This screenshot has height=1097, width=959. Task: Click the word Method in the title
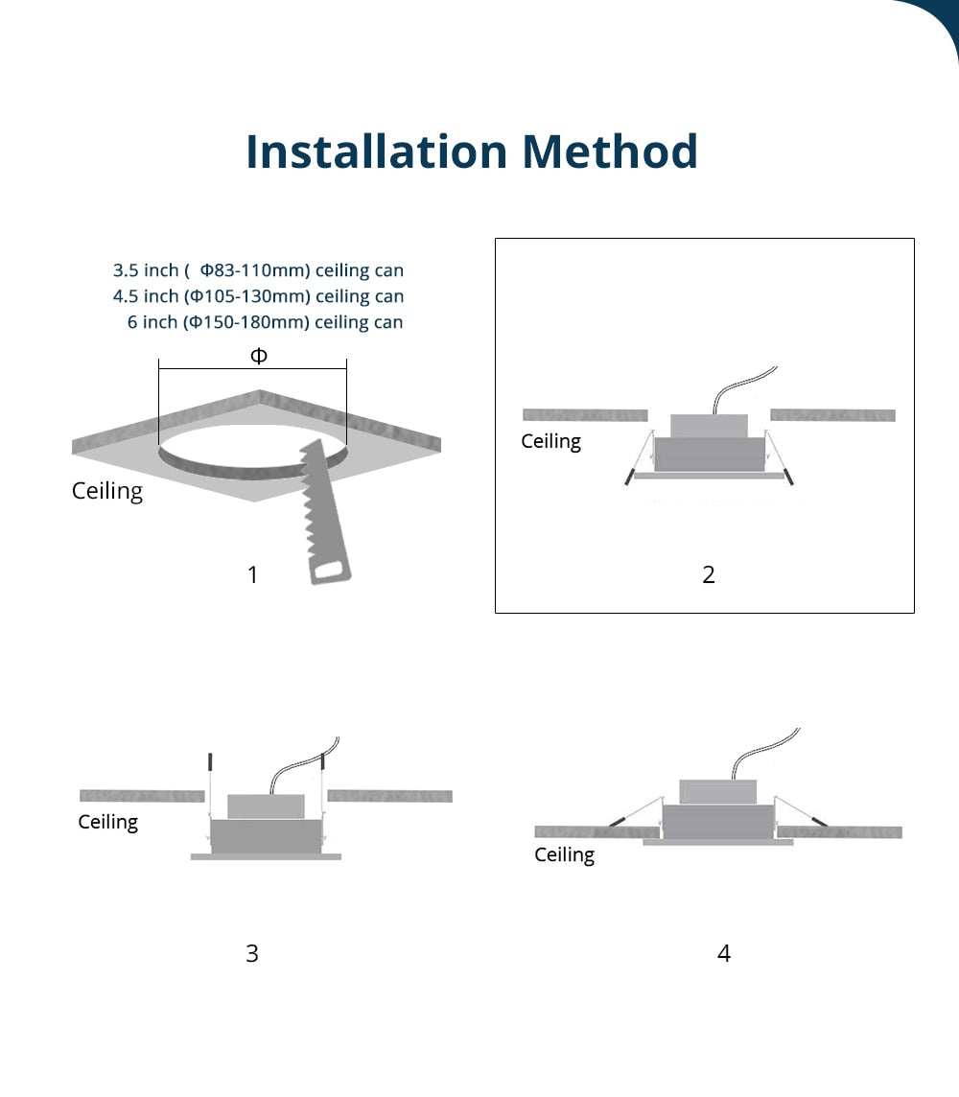[x=610, y=152]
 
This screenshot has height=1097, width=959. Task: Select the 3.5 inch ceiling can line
[x=258, y=270]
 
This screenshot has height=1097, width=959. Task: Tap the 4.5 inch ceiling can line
[x=258, y=296]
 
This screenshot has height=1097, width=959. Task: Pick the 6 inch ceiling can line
[x=265, y=322]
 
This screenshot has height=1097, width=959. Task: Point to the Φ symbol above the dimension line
[x=258, y=356]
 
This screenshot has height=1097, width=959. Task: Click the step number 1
[x=252, y=574]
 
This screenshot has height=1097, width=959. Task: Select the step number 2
[x=709, y=574]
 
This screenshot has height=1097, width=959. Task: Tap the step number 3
[x=252, y=953]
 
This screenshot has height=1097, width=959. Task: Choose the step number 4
[x=724, y=953]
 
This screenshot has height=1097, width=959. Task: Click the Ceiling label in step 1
[x=107, y=491]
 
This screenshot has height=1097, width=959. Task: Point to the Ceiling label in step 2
[x=550, y=441]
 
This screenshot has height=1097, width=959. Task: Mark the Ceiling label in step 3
[x=107, y=822]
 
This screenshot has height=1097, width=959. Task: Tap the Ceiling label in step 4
[x=564, y=854]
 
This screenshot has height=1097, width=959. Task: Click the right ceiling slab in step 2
[x=832, y=415]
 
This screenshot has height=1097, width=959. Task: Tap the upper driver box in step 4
[x=717, y=791]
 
